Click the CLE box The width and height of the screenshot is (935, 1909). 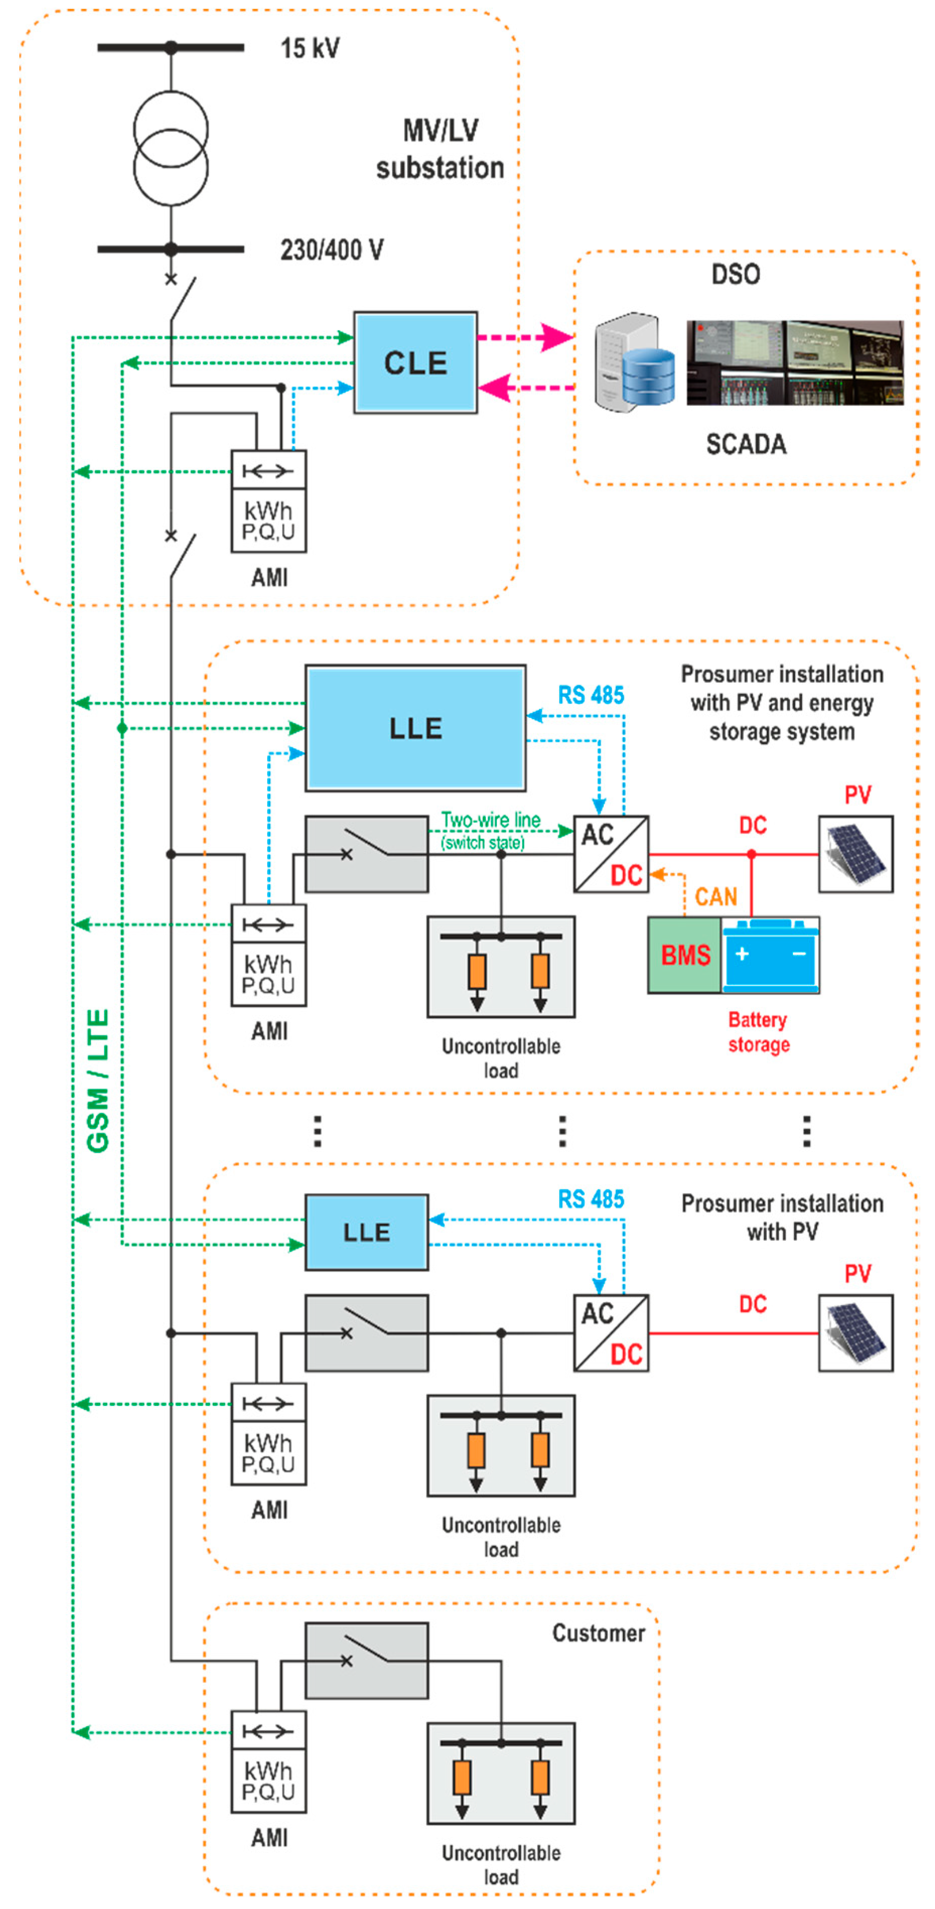click(x=415, y=363)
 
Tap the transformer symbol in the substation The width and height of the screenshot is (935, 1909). click(x=170, y=148)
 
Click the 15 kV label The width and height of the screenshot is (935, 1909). click(x=310, y=48)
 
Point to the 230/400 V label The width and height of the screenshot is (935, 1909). click(x=331, y=250)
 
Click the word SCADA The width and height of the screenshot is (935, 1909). click(x=745, y=444)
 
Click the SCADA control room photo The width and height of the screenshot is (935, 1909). click(x=794, y=363)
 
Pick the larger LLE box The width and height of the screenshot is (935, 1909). click(x=415, y=728)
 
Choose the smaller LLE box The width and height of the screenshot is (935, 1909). click(x=366, y=1232)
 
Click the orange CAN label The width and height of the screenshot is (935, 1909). click(x=715, y=897)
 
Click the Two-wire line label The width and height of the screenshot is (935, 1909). click(x=490, y=820)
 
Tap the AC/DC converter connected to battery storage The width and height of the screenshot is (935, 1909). click(x=610, y=854)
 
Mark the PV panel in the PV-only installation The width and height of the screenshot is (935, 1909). click(x=855, y=1332)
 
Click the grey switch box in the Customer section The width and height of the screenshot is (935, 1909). click(x=366, y=1661)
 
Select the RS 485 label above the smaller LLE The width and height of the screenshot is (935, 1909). click(x=591, y=1198)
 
